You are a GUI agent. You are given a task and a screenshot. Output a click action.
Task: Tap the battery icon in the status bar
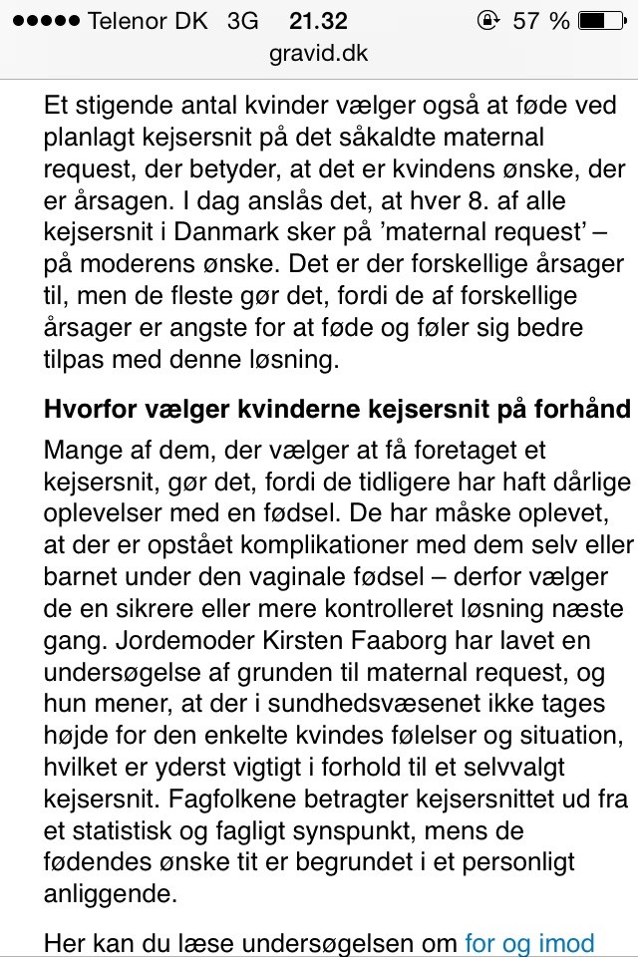pyautogui.click(x=601, y=21)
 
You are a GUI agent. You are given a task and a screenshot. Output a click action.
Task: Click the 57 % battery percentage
pyautogui.click(x=541, y=21)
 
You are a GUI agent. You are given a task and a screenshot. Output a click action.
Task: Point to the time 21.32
pyautogui.click(x=319, y=21)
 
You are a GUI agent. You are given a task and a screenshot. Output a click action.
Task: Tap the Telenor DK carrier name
pyautogui.click(x=149, y=21)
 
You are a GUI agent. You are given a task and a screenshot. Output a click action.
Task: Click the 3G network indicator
pyautogui.click(x=243, y=21)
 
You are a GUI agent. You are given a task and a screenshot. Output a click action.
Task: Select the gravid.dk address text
pyautogui.click(x=319, y=54)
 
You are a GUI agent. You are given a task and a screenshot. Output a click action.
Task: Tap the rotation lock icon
pyautogui.click(x=489, y=21)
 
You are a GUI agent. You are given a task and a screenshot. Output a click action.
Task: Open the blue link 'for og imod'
pyautogui.click(x=529, y=942)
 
